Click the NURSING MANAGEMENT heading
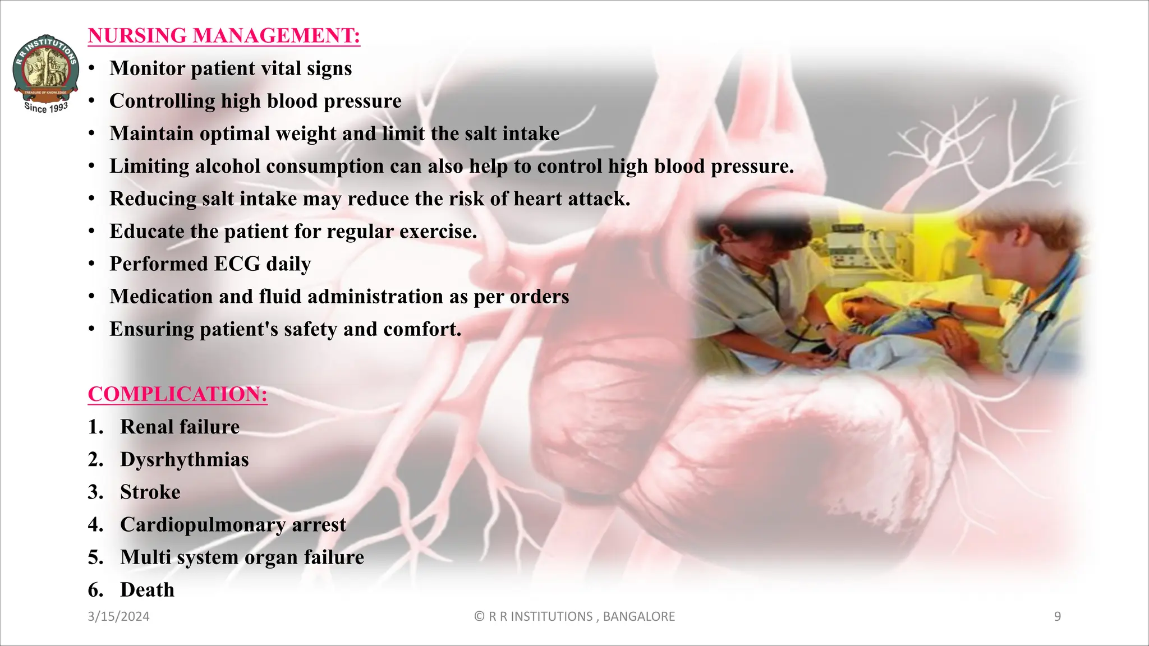(224, 36)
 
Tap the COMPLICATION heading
(177, 394)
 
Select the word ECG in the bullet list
(237, 264)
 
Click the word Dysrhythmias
(184, 460)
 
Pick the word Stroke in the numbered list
(150, 492)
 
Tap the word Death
(147, 590)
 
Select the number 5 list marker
(95, 557)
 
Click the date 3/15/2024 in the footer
(118, 617)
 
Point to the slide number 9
(1057, 617)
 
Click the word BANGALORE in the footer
(638, 617)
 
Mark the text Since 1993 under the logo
(46, 107)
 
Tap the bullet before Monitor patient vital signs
(91, 69)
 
